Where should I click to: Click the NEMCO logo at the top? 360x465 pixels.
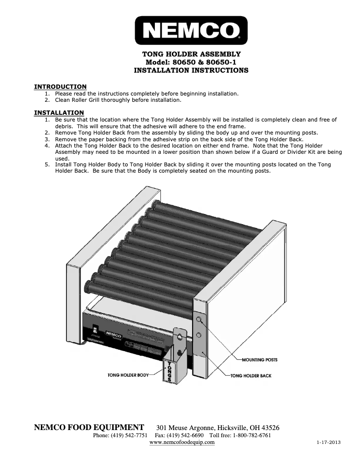pyautogui.click(x=191, y=30)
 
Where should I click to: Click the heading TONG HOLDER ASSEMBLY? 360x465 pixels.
pyautogui.click(x=191, y=54)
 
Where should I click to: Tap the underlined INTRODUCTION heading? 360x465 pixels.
pyautogui.click(x=61, y=87)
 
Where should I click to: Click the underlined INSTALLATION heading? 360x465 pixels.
pyautogui.click(x=59, y=113)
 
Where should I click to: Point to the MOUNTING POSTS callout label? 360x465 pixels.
pyautogui.click(x=259, y=360)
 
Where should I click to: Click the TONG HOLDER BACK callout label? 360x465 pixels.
pyautogui.click(x=251, y=375)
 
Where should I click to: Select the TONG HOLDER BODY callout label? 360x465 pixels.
pyautogui.click(x=128, y=374)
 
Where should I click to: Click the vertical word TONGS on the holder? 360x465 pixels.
pyautogui.click(x=170, y=371)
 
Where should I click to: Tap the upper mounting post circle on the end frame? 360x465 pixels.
pyautogui.click(x=199, y=319)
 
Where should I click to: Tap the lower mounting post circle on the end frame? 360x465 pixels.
pyautogui.click(x=199, y=335)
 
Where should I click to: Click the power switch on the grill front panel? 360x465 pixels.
pyautogui.click(x=94, y=328)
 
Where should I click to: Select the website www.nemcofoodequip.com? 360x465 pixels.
pyautogui.click(x=182, y=442)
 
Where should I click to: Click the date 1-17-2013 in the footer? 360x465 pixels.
pyautogui.click(x=328, y=443)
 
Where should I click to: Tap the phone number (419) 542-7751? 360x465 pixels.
pyautogui.click(x=129, y=435)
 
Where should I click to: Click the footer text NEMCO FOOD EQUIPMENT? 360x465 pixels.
pyautogui.click(x=89, y=427)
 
